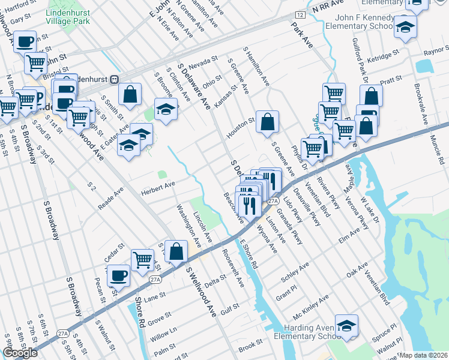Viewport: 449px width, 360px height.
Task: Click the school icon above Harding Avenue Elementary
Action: click(346, 326)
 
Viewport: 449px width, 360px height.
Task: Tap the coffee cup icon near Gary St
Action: click(25, 42)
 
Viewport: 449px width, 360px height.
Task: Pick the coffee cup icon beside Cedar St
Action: click(118, 276)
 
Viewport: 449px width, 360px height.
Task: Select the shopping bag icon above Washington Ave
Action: click(177, 251)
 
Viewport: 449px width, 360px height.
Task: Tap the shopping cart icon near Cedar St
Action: click(142, 260)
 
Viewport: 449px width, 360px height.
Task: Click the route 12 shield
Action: click(300, 14)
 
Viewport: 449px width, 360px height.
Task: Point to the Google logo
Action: click(20, 353)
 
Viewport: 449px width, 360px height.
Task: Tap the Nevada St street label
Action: click(202, 62)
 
